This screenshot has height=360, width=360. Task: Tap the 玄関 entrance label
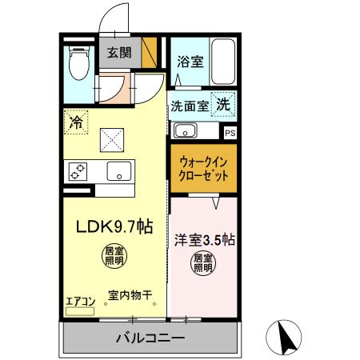[119, 54]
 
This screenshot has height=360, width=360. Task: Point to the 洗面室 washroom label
[189, 105]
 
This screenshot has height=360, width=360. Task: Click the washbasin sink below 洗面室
[186, 130]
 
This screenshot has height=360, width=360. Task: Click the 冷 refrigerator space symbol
[76, 123]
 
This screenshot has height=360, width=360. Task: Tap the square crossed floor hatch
[111, 141]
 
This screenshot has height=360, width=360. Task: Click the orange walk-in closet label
[202, 168]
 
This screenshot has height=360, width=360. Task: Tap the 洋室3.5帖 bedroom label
[203, 238]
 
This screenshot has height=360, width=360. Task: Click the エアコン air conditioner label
[80, 301]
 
